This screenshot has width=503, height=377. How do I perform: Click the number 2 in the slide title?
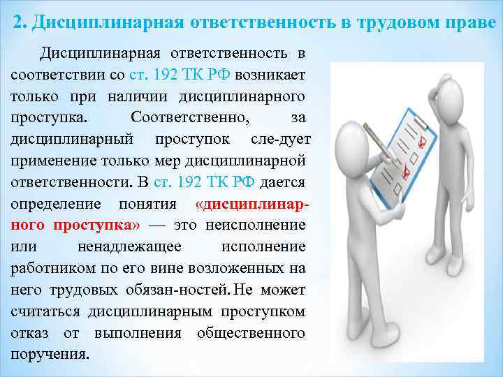pos(18,22)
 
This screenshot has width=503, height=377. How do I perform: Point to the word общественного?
pos(251,333)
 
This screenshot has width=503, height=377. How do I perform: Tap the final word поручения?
pos(50,355)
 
